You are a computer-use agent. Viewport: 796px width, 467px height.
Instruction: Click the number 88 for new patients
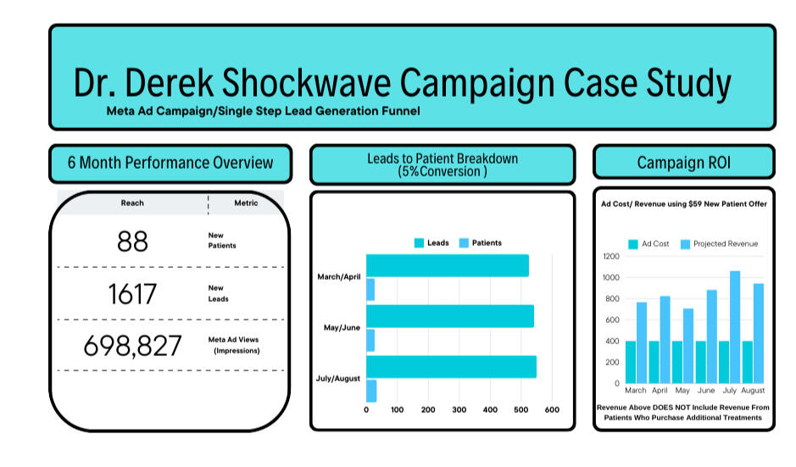(132, 241)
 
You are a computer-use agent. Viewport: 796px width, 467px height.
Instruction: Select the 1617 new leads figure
(132, 294)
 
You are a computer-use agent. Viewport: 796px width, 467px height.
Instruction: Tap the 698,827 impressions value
(132, 346)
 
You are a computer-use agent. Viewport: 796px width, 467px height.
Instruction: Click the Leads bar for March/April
(448, 265)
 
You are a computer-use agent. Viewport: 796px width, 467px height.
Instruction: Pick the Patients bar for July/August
(371, 391)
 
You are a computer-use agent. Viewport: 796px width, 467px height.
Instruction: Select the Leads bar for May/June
(450, 316)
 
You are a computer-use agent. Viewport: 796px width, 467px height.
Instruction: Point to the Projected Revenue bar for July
(735, 327)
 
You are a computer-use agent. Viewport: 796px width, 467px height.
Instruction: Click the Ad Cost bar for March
(631, 362)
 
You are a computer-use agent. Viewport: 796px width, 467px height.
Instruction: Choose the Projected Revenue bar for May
(687, 346)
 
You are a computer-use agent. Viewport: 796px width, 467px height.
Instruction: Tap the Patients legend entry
(481, 243)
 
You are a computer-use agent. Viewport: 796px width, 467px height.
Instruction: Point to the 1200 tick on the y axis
(611, 256)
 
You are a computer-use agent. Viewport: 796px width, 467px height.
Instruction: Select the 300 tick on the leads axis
(459, 409)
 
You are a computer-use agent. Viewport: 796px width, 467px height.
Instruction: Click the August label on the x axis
(752, 391)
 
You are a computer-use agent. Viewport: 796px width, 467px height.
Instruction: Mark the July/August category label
(338, 378)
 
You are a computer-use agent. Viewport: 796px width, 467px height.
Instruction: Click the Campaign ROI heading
(684, 163)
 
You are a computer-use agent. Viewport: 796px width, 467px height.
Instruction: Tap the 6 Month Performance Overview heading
(170, 163)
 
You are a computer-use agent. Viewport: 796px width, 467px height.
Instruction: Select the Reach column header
(132, 203)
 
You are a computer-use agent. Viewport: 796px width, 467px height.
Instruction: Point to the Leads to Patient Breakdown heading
(443, 158)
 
